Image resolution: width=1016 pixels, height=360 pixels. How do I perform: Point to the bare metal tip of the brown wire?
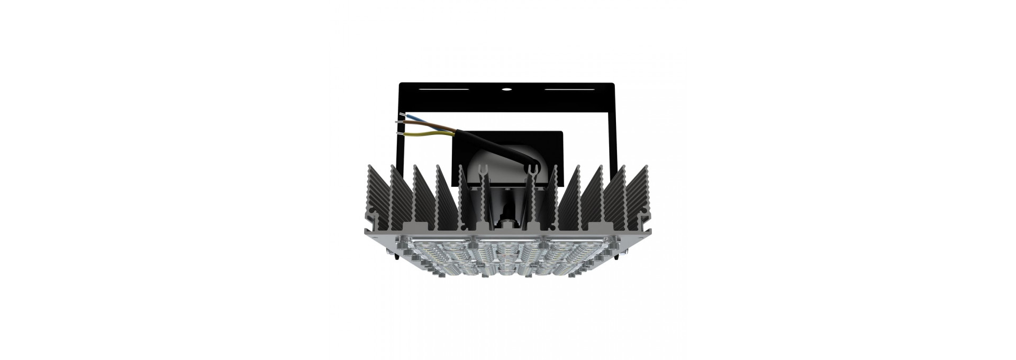pyautogui.click(x=399, y=122)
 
